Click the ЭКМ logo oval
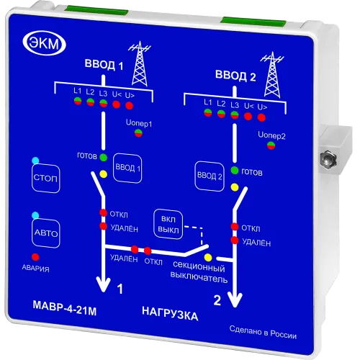44,43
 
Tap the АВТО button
46,233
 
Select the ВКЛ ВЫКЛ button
168,225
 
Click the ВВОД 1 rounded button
127,168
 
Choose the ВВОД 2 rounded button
210,176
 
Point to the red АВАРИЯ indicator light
35,257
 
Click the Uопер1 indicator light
138,133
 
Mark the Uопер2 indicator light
271,145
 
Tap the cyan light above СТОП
35,161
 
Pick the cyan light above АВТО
35,215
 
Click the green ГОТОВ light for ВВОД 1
103,158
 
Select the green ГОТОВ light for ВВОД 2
235,171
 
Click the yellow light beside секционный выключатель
208,258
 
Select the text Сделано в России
263,332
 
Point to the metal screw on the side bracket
328,158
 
